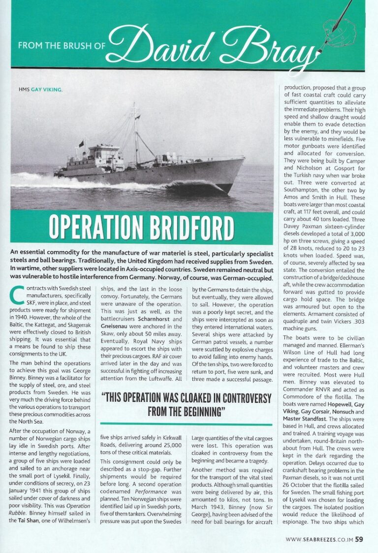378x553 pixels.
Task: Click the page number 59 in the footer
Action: [x=359, y=539]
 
